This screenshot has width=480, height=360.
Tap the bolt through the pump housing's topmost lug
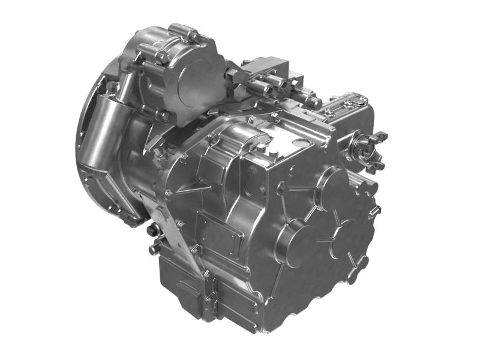pos(193,36)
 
